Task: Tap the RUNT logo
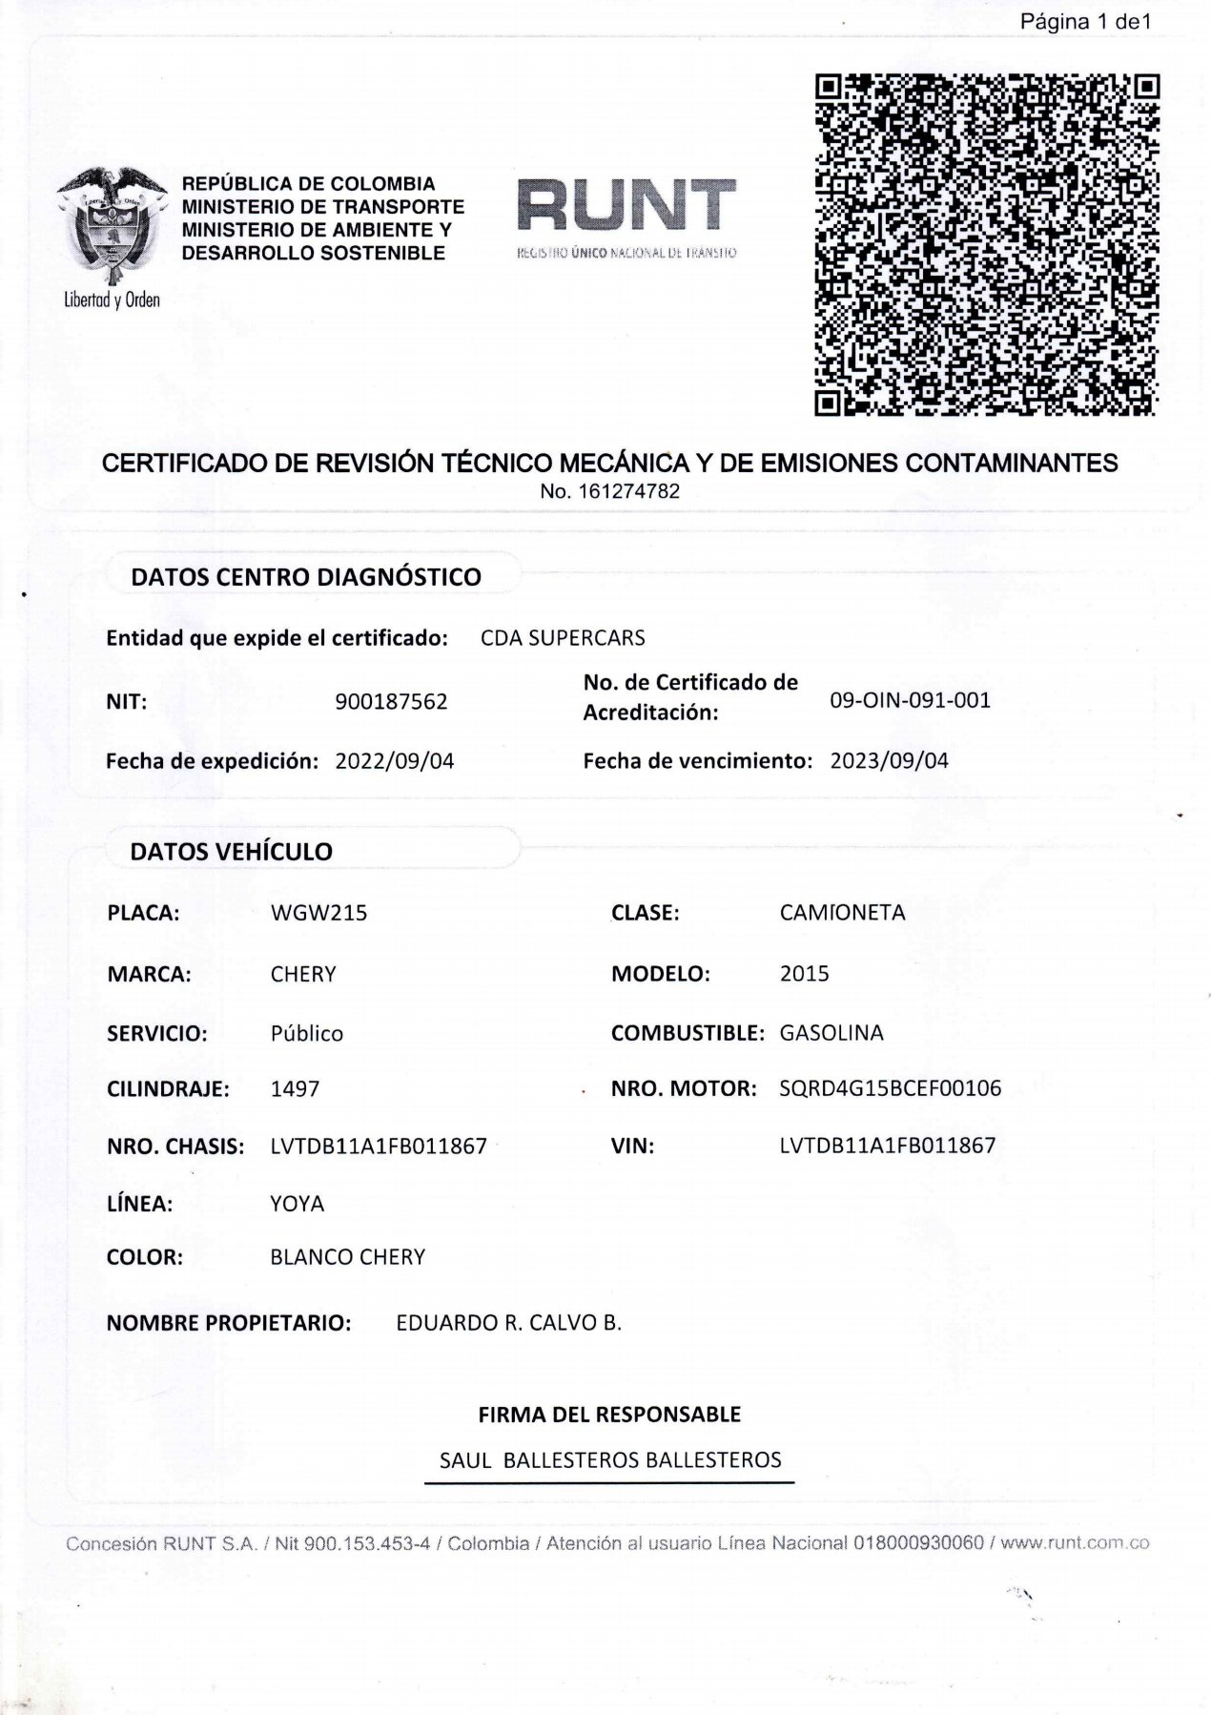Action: pos(626,206)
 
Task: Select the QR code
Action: pos(987,245)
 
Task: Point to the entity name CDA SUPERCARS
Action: pos(563,638)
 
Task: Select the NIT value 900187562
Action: pos(391,702)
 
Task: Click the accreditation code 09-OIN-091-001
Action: pos(910,700)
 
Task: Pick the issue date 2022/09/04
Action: pos(395,761)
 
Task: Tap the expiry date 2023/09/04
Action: pos(889,761)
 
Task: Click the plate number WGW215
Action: pos(318,913)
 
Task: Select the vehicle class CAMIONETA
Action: pos(842,913)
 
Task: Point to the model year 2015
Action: pos(804,974)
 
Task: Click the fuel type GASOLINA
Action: pos(831,1033)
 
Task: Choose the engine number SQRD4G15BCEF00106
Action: pos(890,1088)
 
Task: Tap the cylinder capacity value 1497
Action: pos(295,1088)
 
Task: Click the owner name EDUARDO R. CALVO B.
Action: pos(508,1323)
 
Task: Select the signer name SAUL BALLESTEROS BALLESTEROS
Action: pos(609,1460)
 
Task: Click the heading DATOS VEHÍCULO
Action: pos(231,852)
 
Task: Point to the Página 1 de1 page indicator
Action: pos(1085,22)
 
